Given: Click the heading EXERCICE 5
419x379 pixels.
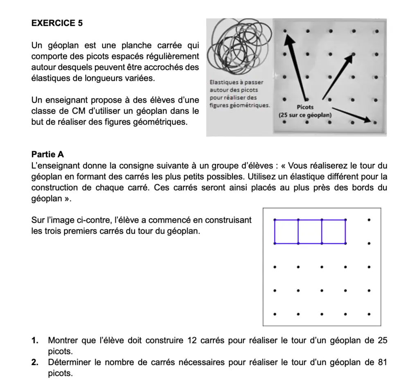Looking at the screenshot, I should tap(57, 23).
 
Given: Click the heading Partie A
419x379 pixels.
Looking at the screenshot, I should tap(47, 155).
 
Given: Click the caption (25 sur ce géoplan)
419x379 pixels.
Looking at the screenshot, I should tap(305, 115).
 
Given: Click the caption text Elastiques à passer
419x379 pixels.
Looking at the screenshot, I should tap(236, 82).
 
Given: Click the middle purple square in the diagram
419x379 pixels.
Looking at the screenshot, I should tap(310, 232).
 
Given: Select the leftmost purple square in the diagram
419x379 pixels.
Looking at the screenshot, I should tap(286, 232).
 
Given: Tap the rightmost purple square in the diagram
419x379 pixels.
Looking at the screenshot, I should tap(333, 232).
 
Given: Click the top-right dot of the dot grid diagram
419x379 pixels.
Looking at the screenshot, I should tap(369, 220).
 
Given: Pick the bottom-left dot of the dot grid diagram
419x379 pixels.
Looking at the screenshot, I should tap(275, 315).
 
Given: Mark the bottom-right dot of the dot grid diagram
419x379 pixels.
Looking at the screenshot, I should tap(369, 315).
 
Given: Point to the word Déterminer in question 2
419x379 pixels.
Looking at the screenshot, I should tap(67, 362).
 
